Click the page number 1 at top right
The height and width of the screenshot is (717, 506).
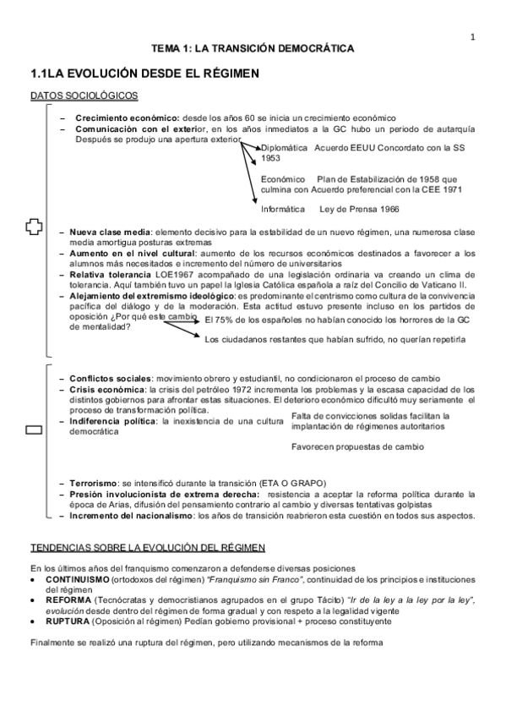coord(474,36)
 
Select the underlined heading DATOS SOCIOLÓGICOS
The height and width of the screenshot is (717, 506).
coord(84,97)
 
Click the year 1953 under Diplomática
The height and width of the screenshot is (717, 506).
coord(271,158)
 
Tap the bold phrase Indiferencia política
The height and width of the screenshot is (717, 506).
coord(115,420)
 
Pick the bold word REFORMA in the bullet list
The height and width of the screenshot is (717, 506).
coord(61,599)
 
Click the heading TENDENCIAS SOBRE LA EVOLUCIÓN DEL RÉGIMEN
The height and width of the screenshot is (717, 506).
coord(148,547)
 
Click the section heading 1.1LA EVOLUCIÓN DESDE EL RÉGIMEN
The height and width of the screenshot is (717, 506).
coord(144,75)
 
